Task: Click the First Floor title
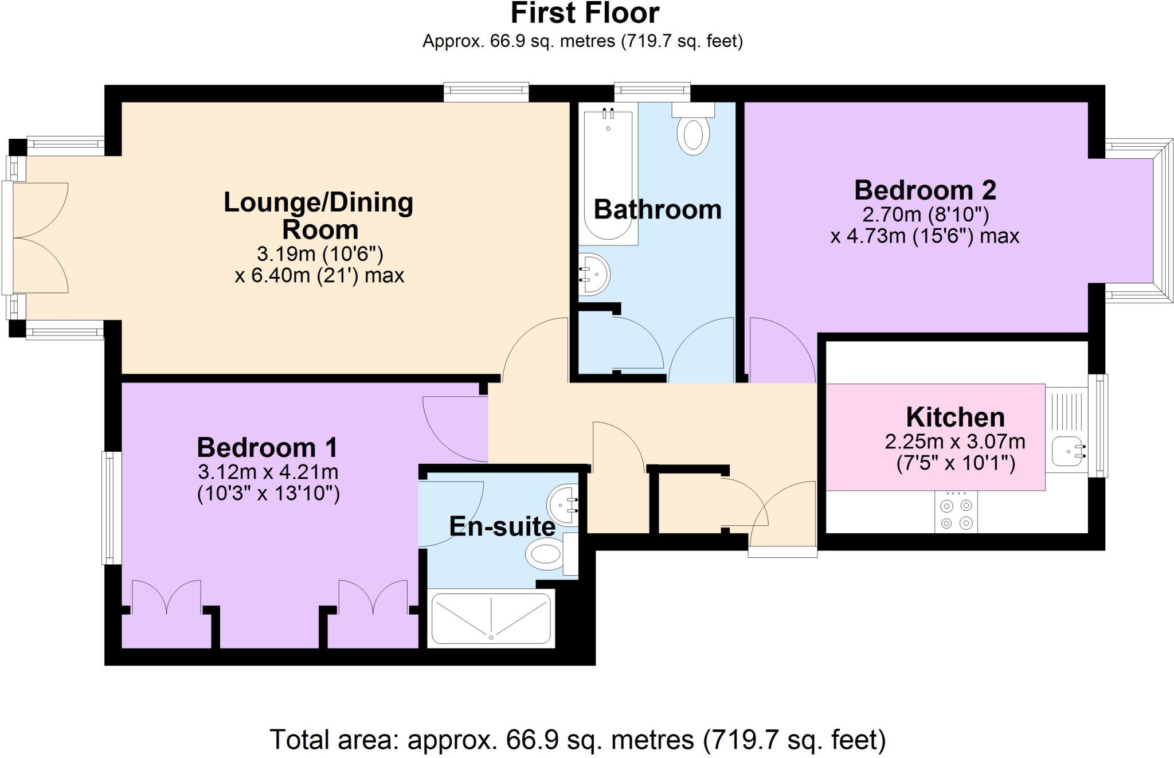coord(584,14)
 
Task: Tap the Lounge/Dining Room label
coord(319,216)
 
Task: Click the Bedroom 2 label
coord(925,190)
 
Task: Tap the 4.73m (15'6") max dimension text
coord(925,236)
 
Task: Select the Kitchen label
coord(955,417)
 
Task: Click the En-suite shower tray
coord(491,618)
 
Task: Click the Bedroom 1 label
coord(267,447)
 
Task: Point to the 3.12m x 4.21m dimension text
coord(268,472)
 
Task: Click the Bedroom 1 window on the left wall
coord(112,508)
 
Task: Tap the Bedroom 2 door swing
coord(781,351)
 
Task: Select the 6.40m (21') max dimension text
coord(319,276)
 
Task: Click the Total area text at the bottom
coord(577,740)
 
